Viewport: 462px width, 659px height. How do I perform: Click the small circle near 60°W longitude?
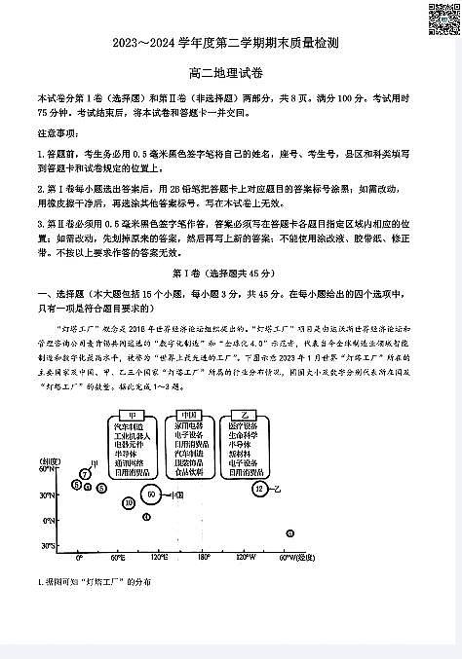(290, 532)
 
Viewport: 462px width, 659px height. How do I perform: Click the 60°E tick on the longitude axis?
(118, 559)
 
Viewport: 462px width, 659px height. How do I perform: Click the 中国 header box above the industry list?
(188, 415)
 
